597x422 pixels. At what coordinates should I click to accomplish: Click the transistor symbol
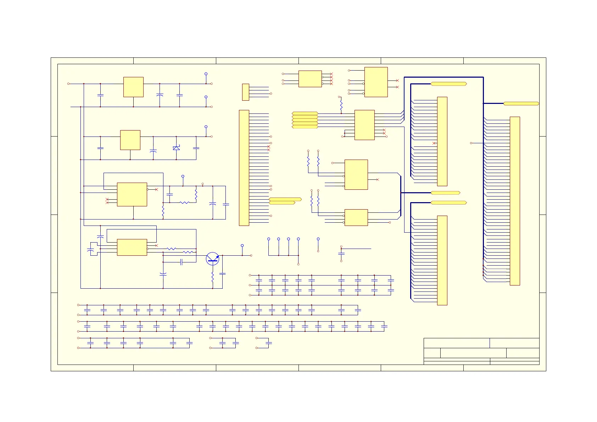[212, 259]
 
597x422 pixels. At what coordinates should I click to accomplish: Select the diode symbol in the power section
[176, 148]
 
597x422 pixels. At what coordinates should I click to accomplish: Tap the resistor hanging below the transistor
[212, 277]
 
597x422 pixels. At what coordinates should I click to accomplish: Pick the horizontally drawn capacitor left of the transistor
[181, 262]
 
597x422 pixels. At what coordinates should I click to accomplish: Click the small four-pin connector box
[245, 92]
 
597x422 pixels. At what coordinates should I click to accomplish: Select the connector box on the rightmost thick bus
[515, 201]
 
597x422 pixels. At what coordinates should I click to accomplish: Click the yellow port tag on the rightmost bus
[521, 104]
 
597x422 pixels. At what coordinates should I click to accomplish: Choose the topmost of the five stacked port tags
[305, 113]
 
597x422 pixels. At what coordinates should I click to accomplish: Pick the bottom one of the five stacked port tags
[305, 127]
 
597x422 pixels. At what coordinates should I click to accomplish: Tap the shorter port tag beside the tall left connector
[282, 203]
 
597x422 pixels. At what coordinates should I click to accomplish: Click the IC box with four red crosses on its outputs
[310, 79]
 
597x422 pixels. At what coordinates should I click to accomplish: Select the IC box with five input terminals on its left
[376, 82]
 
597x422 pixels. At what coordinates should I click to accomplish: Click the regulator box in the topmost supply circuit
[133, 87]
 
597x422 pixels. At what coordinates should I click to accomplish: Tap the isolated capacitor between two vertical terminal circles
[341, 254]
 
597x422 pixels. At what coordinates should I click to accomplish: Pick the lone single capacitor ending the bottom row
[269, 343]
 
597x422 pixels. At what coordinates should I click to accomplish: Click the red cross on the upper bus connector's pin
[434, 143]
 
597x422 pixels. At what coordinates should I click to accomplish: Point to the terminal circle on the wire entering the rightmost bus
[471, 143]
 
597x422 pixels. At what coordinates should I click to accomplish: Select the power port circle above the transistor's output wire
[242, 245]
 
